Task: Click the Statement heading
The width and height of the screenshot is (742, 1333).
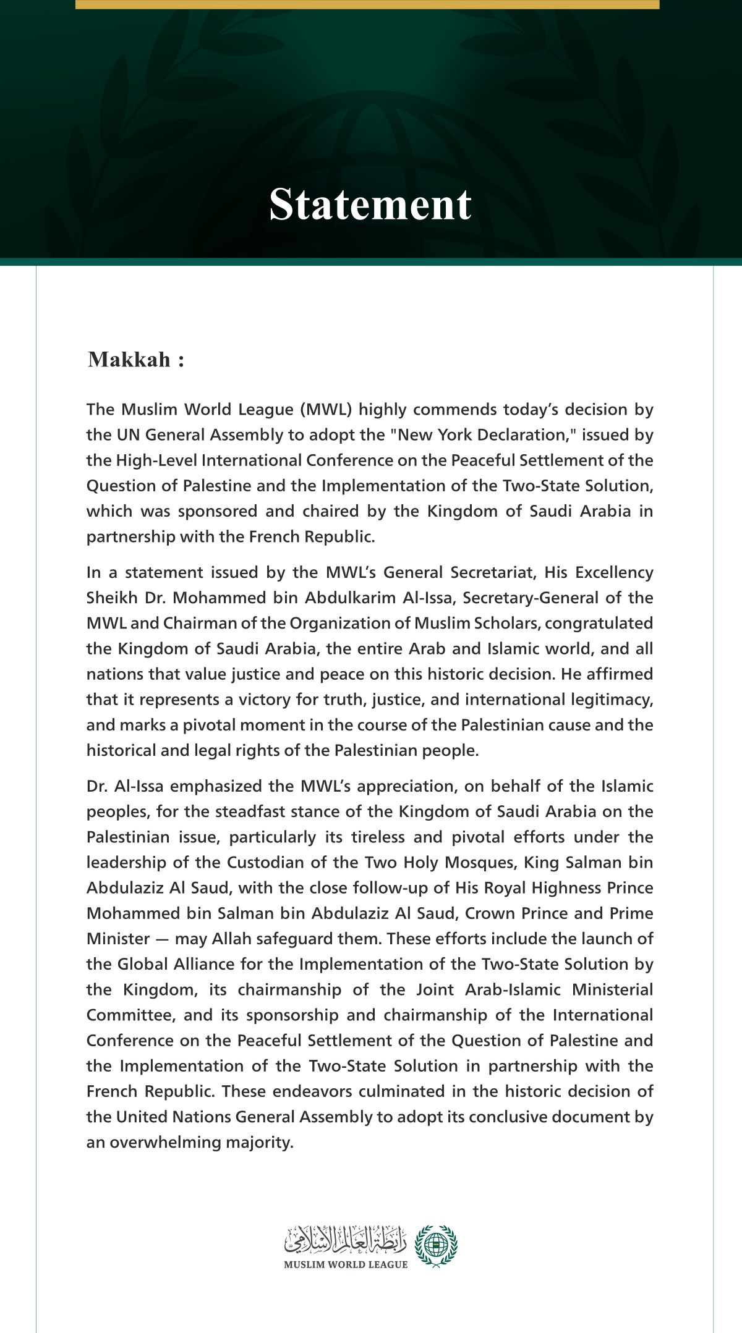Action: pyautogui.click(x=370, y=204)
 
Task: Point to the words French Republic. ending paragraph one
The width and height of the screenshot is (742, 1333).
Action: pyautogui.click(x=312, y=536)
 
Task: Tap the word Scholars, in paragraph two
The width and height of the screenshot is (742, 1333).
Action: pyautogui.click(x=506, y=624)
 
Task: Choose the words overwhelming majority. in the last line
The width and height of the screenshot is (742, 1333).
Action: pyautogui.click(x=201, y=1142)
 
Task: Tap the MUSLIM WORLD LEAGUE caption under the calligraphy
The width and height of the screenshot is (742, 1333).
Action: pyautogui.click(x=346, y=1264)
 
